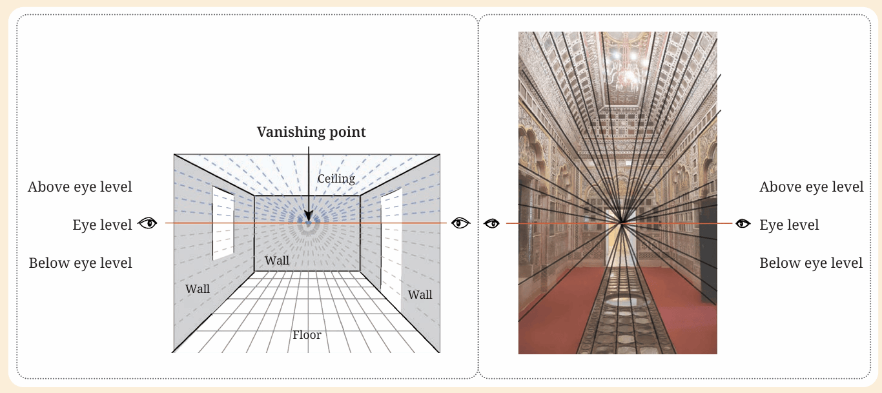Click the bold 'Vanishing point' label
tap(311, 132)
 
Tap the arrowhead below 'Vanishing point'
tap(309, 216)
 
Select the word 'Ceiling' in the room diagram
tap(336, 179)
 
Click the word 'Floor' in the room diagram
tap(307, 335)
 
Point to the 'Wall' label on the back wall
tap(277, 261)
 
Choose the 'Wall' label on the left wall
tap(198, 288)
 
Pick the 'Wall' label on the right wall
tap(420, 295)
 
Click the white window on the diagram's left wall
tap(223, 223)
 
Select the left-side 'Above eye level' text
tap(80, 187)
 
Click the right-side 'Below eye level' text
tap(811, 263)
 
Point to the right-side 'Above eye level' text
tap(811, 187)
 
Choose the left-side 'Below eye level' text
tap(80, 263)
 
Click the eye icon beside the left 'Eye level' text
tap(147, 223)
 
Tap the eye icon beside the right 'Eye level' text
tap(743, 223)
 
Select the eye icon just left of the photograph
tap(492, 223)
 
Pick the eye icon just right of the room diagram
tap(460, 223)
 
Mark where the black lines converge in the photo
tap(622, 223)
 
